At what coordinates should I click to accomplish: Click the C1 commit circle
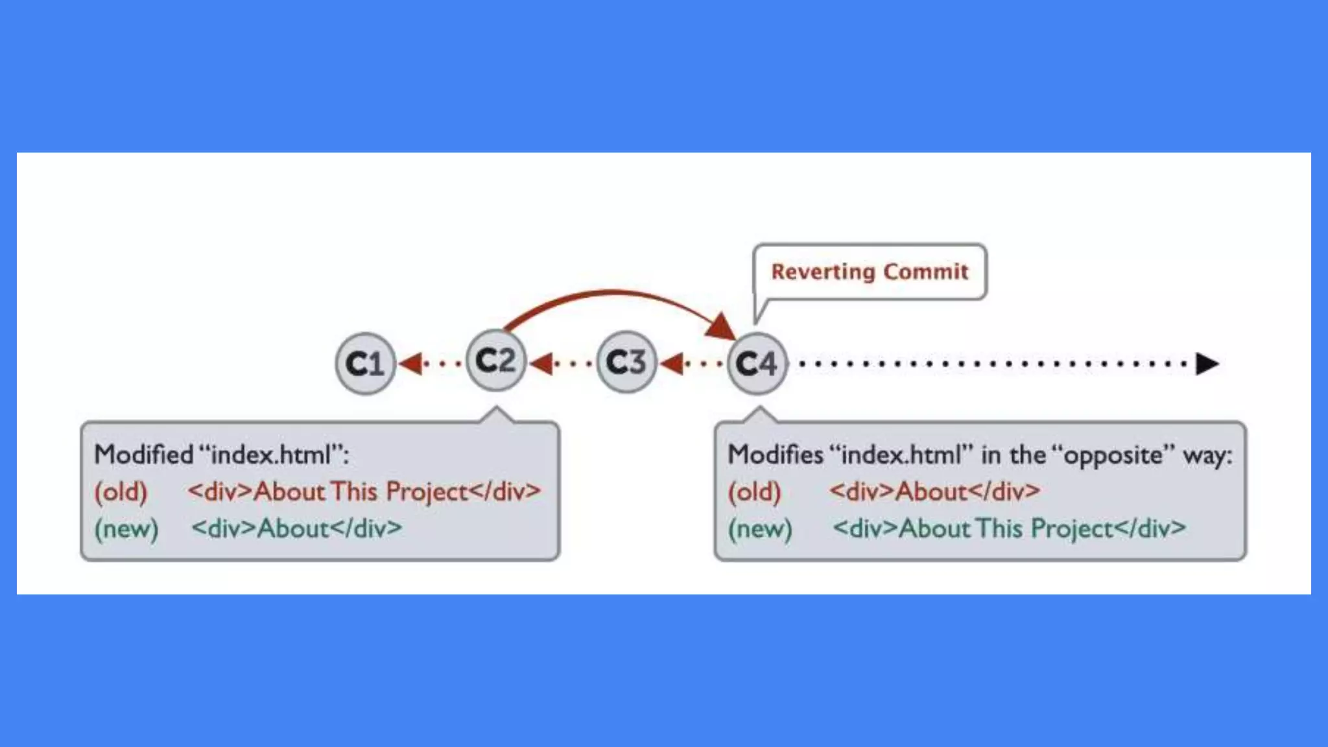coord(365,363)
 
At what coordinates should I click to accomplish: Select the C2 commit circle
coord(495,361)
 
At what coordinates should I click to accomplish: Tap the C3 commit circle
coord(626,362)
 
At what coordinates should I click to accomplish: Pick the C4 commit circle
coord(756,363)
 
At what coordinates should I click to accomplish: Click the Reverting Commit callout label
coord(869,272)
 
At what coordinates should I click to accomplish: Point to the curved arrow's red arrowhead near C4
coord(721,326)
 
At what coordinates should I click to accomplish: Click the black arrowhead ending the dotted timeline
coord(1206,364)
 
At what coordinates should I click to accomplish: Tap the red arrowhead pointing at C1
coord(410,363)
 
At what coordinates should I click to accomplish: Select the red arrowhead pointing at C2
coord(541,363)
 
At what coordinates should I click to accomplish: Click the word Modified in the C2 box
coord(144,455)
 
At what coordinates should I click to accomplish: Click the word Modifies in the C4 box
coord(775,455)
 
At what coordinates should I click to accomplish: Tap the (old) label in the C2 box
coord(121,492)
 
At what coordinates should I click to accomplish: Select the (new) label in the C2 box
coord(126,529)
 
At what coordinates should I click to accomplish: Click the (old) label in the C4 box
coord(754,492)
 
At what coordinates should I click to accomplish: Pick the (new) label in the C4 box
coord(760,529)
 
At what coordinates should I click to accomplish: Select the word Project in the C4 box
coord(1072,529)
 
